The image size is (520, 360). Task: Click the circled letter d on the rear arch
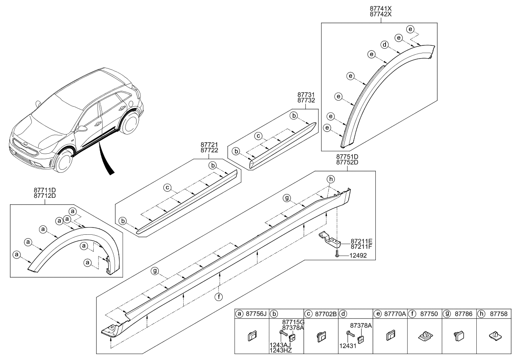(x=384, y=44)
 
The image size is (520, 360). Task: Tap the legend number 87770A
(x=395, y=314)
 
